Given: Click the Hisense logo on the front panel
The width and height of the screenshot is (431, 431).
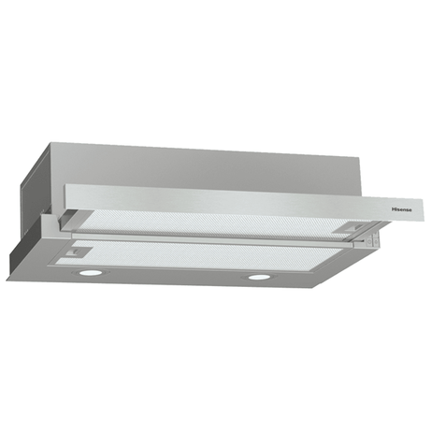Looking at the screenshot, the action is click(401, 209).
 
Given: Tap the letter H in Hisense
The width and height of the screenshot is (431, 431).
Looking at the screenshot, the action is click(393, 209).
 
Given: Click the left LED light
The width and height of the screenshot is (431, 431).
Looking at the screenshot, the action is click(91, 272).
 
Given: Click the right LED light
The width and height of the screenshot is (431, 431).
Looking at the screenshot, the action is click(260, 277).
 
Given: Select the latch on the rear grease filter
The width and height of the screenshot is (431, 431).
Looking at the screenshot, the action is click(354, 227).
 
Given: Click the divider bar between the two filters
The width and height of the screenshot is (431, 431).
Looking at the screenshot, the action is click(212, 240).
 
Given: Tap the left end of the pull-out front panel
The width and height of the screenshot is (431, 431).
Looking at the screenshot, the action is click(65, 196).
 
